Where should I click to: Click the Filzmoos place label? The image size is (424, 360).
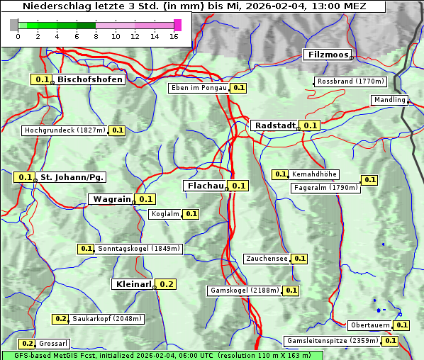coord(327,55)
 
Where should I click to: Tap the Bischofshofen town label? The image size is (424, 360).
coord(90,80)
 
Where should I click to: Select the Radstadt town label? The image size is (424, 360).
coord(274,125)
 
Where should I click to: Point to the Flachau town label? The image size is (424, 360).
coord(205,186)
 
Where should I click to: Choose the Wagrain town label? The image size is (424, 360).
coord(111,199)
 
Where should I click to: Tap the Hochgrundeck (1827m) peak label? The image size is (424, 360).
coord(65,130)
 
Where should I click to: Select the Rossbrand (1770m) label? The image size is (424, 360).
coord(350,81)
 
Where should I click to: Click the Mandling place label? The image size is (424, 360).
coord(389,100)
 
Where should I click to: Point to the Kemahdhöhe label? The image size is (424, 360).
coord(314,174)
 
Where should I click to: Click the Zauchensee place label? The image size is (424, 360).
coord(267,259)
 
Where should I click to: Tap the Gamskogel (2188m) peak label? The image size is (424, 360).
coord(244,291)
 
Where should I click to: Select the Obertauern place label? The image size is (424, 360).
coord(370,325)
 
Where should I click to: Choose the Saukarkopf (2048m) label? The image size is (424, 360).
coord(106,319)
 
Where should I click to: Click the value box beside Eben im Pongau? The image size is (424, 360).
coord(238,88)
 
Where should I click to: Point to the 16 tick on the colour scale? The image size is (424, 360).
coord(175,35)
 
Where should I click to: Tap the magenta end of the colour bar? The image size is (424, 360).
coord(177,25)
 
